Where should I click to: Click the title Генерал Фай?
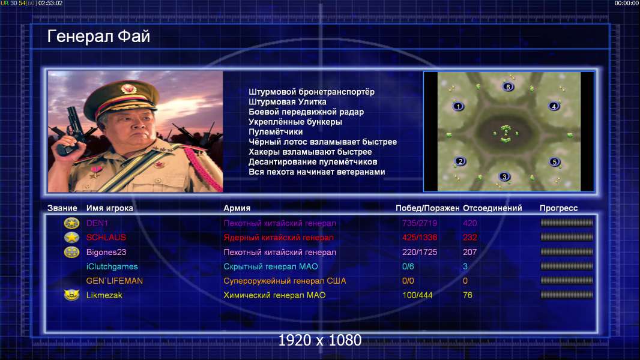99,36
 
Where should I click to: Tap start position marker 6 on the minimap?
508,87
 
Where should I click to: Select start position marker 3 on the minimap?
504,176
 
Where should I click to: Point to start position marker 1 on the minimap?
458,106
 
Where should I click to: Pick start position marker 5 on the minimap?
554,162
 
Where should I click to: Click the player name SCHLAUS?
106,237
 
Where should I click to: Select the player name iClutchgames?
112,266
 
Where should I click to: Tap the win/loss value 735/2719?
420,223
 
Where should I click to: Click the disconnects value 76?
468,295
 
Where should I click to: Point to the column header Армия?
237,208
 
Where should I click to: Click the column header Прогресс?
559,208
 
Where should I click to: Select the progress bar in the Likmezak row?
567,295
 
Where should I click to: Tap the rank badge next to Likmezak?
71,295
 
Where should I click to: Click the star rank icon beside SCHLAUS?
71,237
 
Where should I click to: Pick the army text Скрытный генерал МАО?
271,266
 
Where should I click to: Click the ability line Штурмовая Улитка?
288,102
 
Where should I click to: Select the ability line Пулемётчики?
276,131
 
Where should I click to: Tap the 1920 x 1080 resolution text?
320,340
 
